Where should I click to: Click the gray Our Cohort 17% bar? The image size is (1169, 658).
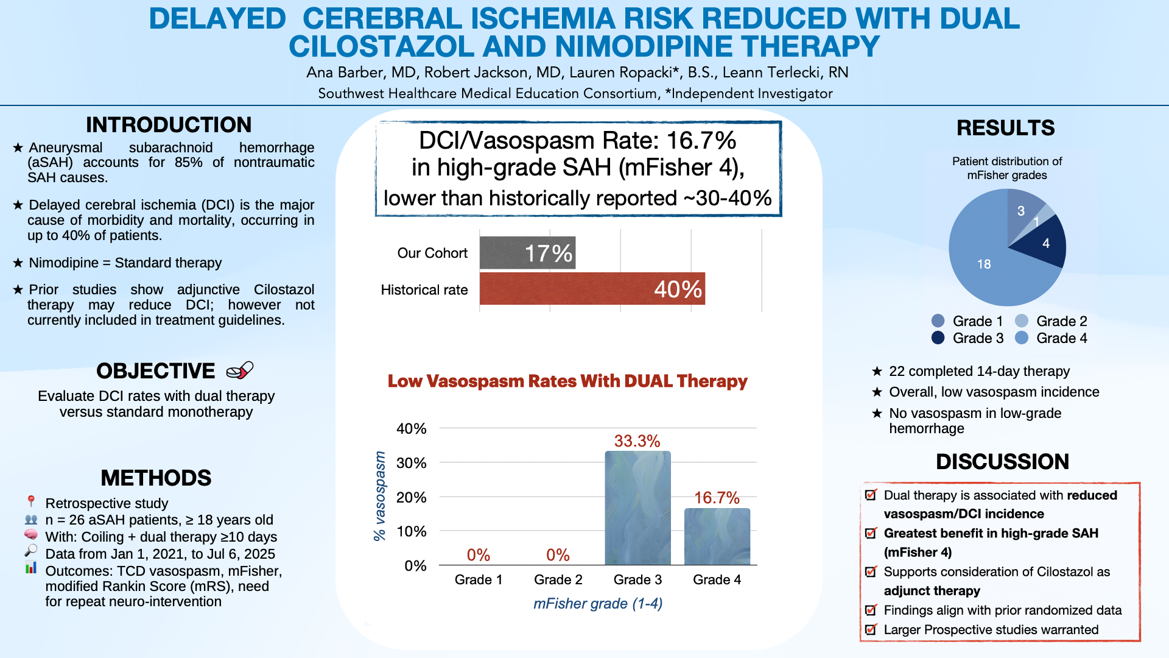(527, 253)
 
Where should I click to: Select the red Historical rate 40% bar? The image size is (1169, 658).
(592, 289)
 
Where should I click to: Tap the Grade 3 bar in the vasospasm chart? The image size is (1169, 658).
(637, 508)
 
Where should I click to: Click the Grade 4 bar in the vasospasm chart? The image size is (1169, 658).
(717, 537)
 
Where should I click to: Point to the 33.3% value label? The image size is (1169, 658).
(637, 441)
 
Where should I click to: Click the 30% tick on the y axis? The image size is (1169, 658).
(411, 463)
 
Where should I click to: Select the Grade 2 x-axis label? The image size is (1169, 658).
(558, 579)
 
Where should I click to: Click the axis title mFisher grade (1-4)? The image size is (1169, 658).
(598, 604)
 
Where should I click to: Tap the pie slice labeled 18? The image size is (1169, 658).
(989, 268)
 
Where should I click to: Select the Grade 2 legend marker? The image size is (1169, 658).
(1022, 321)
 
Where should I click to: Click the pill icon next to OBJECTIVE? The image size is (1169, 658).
(239, 370)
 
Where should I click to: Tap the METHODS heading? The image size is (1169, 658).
(156, 478)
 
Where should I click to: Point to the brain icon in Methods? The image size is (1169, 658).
(30, 535)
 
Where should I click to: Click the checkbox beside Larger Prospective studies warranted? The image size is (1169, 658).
(871, 629)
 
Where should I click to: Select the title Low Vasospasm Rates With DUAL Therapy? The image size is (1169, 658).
(567, 381)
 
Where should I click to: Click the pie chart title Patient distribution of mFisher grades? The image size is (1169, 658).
(1006, 168)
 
